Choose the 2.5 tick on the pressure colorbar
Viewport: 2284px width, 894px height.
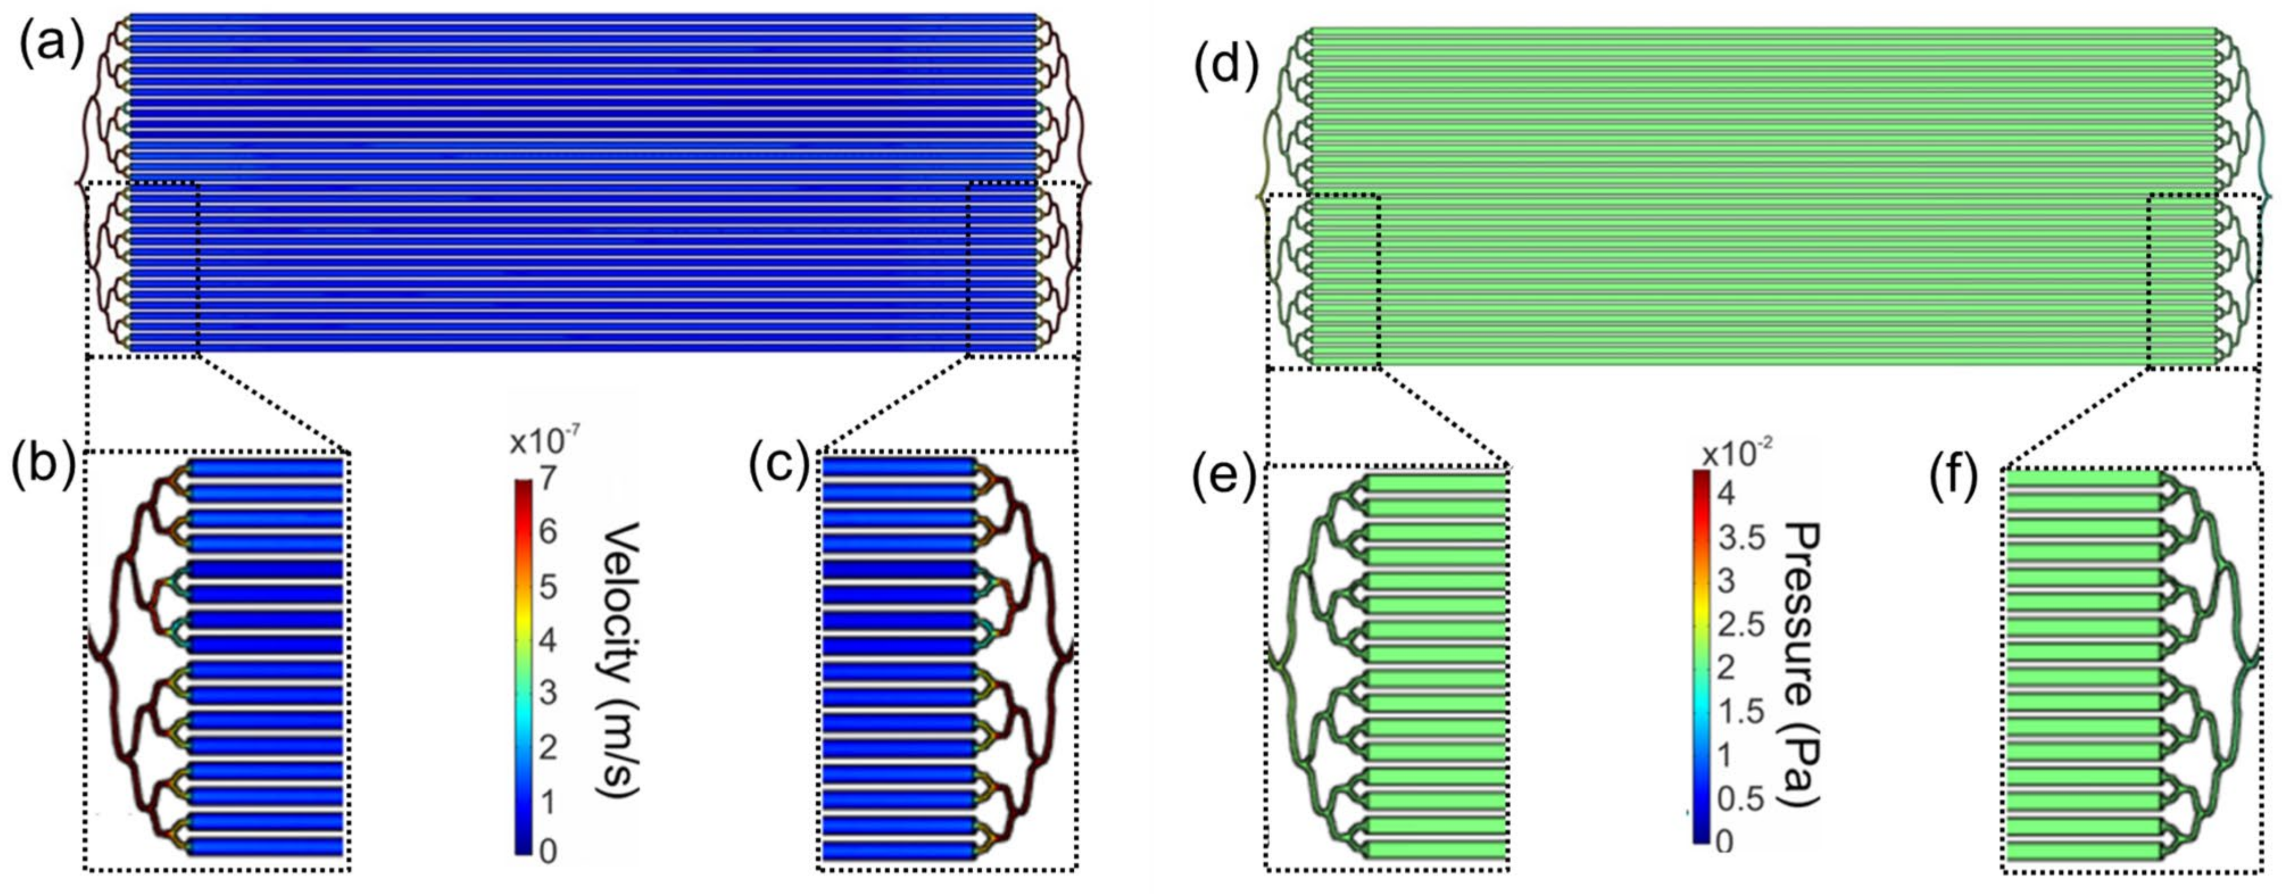coord(1741,624)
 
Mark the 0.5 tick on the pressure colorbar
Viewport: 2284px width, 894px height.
coord(1741,798)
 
